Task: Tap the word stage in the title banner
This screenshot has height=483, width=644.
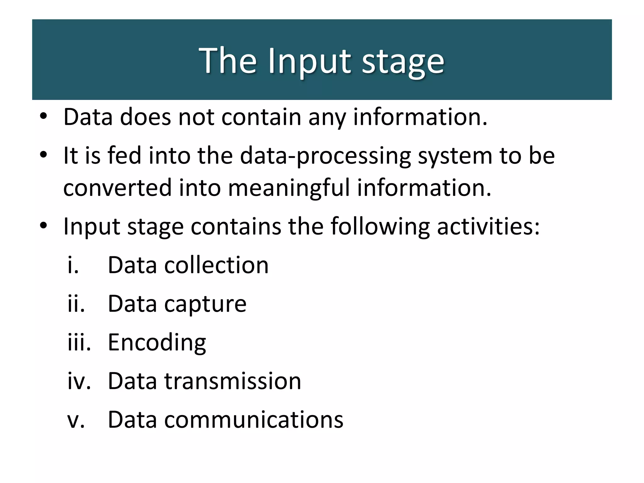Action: coord(403,62)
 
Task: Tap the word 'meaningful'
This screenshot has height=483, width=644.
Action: coord(288,188)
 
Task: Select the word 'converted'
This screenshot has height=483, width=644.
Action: coord(117,188)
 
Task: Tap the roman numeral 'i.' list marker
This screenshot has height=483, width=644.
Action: coord(73,265)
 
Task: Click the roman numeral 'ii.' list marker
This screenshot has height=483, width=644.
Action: coord(76,304)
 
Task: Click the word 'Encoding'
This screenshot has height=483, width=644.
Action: coord(157,343)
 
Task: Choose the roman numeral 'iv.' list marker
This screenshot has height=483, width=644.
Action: coord(79,381)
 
